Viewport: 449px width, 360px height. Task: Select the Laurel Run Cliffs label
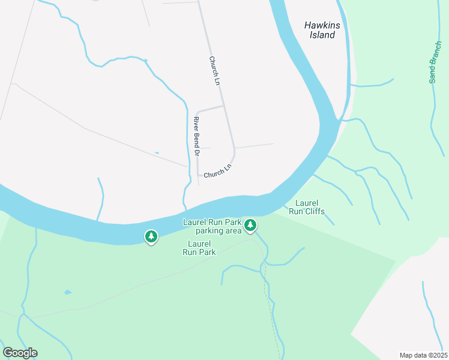[307, 207]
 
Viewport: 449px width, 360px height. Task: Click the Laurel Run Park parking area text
[212, 226]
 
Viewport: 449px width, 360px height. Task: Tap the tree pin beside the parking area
[250, 226]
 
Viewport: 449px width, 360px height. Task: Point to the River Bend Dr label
[196, 137]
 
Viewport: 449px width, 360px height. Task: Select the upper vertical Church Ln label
[215, 70]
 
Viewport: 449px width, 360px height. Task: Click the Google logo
[20, 353]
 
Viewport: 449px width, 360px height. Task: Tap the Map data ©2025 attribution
[423, 355]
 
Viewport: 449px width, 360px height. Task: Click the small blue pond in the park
[68, 293]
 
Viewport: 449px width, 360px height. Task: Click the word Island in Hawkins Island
[322, 35]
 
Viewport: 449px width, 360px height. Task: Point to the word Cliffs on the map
[315, 211]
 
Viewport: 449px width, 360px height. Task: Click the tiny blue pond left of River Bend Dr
[157, 153]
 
